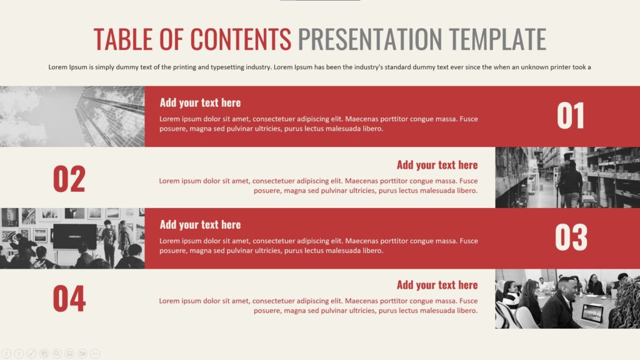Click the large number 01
click(571, 116)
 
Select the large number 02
click(69, 179)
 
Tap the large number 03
click(571, 238)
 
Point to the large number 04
click(69, 299)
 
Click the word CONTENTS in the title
click(241, 39)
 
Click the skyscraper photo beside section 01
click(72, 116)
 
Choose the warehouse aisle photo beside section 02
click(567, 177)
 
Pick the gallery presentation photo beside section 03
click(72, 238)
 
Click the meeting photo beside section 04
click(567, 299)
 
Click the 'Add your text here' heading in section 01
click(200, 102)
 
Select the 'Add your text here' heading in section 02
click(437, 165)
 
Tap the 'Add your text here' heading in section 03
click(200, 224)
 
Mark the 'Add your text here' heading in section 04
click(437, 285)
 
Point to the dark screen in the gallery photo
click(74, 236)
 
